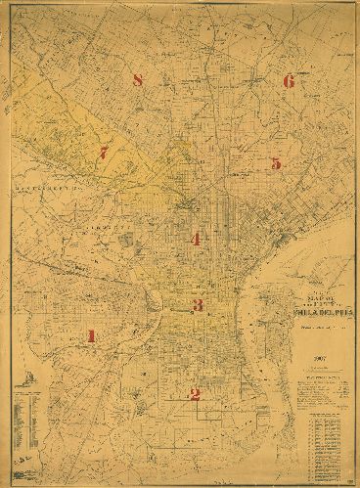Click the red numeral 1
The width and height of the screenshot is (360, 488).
click(x=91, y=336)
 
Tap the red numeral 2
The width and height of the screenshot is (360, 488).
click(x=195, y=395)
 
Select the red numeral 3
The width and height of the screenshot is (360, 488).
click(x=197, y=306)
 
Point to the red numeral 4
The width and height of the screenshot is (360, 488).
click(x=196, y=239)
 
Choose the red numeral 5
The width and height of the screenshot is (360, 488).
click(x=276, y=163)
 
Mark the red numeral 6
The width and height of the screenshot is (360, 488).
click(x=288, y=81)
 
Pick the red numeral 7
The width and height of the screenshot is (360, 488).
click(x=104, y=153)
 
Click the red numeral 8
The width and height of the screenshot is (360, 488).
click(x=138, y=81)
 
